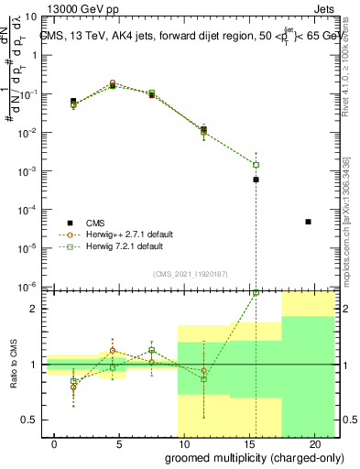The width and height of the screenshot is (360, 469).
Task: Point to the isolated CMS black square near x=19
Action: (x=308, y=222)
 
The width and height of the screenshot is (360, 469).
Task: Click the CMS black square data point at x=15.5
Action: (x=256, y=180)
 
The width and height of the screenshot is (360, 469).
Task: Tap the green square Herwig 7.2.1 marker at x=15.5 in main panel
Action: (x=256, y=165)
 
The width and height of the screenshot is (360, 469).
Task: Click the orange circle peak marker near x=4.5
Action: (x=113, y=83)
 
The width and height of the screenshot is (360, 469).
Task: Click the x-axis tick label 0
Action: (x=55, y=443)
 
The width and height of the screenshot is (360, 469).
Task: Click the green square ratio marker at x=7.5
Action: (x=152, y=351)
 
